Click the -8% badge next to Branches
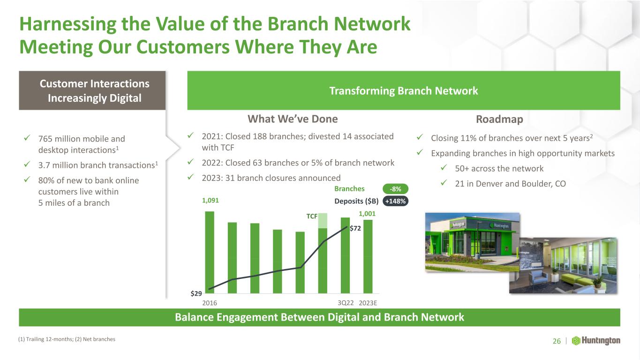coord(395,189)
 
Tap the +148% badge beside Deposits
coord(395,201)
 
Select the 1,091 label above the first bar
coord(210,200)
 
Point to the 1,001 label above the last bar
coord(367,214)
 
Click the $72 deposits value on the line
coord(355,228)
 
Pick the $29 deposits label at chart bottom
coord(196,293)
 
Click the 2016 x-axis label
coord(210,303)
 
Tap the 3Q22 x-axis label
coord(346,303)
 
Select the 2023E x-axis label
coord(368,303)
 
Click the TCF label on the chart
coord(312,216)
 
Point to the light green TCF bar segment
coord(323,221)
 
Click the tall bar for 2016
coord(210,252)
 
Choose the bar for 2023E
coord(368,256)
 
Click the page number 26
coord(557,341)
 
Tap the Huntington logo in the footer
coord(596,341)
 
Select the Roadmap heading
coord(499,119)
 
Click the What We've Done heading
coord(293,119)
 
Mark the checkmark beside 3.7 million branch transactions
coord(27,164)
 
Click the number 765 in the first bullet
coord(45,139)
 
